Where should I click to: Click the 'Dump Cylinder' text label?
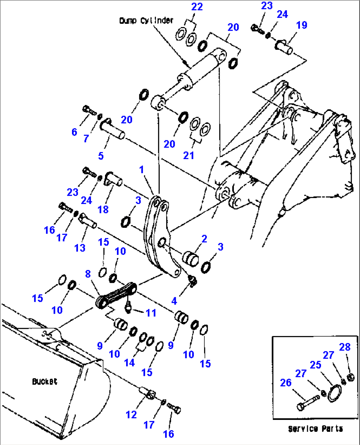tap(146, 20)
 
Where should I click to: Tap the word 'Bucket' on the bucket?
tap(45, 382)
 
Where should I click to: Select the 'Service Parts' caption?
tap(315, 429)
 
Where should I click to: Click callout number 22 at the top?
tap(197, 7)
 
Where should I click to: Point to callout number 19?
tap(301, 25)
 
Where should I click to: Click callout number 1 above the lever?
tap(141, 169)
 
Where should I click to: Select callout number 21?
tap(189, 155)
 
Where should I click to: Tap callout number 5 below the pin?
tap(101, 156)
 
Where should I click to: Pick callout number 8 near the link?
tap(88, 274)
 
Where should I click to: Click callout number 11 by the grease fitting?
tap(151, 313)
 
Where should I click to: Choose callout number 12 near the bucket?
tap(131, 414)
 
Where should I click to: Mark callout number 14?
tap(129, 362)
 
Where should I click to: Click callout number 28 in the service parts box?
tap(344, 347)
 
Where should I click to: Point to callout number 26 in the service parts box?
tap(286, 383)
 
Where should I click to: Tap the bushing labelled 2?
tap(191, 258)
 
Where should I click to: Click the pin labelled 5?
tap(113, 130)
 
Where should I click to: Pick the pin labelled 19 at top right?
tap(284, 47)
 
